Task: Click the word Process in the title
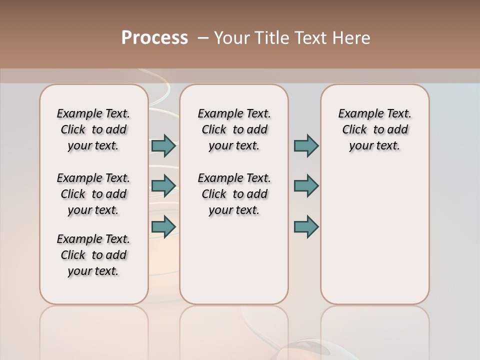[154, 38]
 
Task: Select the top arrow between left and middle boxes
[163, 145]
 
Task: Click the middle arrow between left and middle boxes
[163, 186]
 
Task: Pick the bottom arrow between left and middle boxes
[163, 226]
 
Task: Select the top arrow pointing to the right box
[306, 145]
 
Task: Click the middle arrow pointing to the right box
[306, 186]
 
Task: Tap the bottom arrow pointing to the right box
[306, 226]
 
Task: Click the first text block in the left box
[93, 129]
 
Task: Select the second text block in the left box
[93, 194]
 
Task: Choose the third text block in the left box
[93, 255]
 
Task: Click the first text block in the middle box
[234, 129]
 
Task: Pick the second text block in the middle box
[234, 194]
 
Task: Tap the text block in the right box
[374, 129]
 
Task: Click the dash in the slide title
[203, 38]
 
